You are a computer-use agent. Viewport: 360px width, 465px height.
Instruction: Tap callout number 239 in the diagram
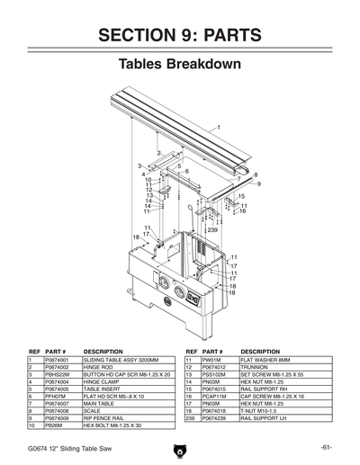pyautogui.click(x=212, y=230)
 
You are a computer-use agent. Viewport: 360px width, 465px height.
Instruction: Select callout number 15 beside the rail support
pyautogui.click(x=241, y=196)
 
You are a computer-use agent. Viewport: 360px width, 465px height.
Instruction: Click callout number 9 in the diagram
pyautogui.click(x=259, y=183)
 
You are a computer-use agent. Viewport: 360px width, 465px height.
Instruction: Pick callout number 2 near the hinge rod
pyautogui.click(x=158, y=153)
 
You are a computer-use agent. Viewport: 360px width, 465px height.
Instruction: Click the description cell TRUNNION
pyautogui.click(x=256, y=367)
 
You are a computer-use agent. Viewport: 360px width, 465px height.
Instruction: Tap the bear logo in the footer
pyautogui.click(x=179, y=449)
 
